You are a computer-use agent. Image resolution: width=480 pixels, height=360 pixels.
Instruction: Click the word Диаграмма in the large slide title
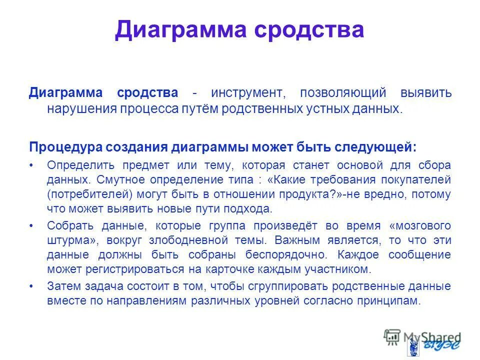click(179, 30)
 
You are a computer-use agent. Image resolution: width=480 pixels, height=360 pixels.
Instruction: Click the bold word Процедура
click(65, 147)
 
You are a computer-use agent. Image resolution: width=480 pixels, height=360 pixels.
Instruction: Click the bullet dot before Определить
click(32, 165)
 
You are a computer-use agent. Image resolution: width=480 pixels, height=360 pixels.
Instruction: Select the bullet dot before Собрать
click(32, 225)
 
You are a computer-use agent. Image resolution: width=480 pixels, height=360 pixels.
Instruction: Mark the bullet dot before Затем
click(32, 286)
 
